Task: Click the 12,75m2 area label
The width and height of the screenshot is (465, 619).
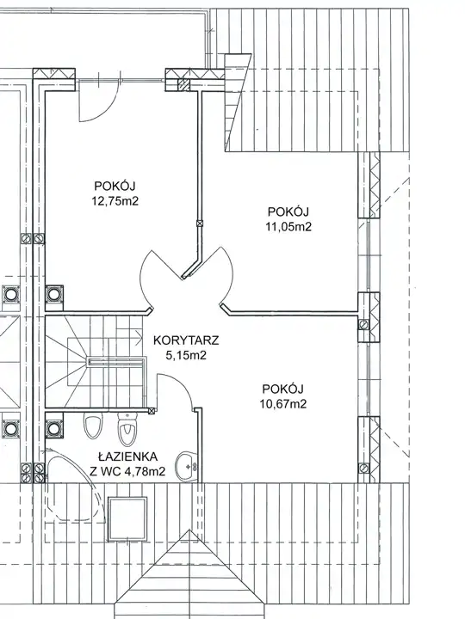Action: [115, 201]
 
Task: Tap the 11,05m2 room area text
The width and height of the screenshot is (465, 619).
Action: [288, 227]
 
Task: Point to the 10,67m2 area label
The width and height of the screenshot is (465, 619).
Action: [283, 404]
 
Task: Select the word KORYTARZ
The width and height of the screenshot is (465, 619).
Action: [186, 340]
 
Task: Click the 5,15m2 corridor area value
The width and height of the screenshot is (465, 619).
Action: [186, 355]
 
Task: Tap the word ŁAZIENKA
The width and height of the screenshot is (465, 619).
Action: [127, 457]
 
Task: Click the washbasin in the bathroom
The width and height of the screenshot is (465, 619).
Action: [188, 467]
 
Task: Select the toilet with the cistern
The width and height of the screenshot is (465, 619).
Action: [127, 429]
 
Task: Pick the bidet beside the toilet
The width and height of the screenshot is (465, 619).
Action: [93, 426]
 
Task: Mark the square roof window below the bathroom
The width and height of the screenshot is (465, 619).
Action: [127, 518]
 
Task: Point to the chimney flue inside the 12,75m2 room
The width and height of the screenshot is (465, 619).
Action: [54, 294]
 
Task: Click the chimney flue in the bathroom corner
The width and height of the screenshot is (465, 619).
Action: [54, 429]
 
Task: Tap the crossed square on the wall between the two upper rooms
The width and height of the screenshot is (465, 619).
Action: [200, 224]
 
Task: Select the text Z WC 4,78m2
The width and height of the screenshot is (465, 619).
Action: [127, 471]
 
